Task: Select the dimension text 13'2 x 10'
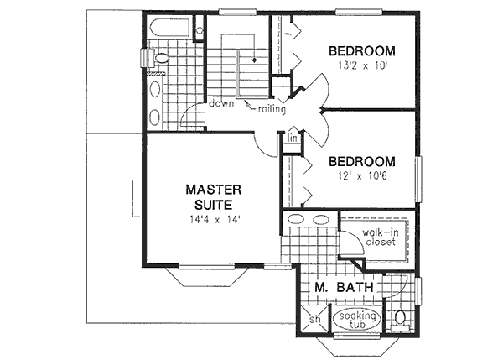click(x=361, y=65)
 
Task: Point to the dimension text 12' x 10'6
click(x=361, y=176)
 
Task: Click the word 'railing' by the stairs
click(x=272, y=109)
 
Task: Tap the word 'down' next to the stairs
click(x=221, y=103)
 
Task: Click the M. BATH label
click(x=344, y=288)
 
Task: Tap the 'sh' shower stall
click(x=315, y=320)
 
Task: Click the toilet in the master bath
click(x=402, y=320)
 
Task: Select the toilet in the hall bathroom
click(x=159, y=58)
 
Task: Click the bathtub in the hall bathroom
click(x=170, y=29)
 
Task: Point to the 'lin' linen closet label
click(x=292, y=138)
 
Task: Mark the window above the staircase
click(x=237, y=12)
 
